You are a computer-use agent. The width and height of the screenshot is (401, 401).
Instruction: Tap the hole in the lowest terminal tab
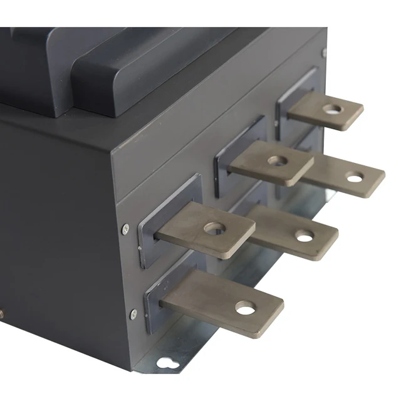tap(245, 308)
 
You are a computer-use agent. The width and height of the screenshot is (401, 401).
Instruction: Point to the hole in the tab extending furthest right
tap(355, 179)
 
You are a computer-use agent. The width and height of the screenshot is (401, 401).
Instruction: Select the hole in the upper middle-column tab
tap(276, 160)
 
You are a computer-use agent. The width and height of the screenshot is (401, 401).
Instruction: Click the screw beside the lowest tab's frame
tap(132, 314)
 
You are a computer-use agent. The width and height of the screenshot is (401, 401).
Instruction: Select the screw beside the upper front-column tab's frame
tap(125, 228)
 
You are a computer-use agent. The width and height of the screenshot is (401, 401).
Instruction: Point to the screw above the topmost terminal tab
tap(323, 53)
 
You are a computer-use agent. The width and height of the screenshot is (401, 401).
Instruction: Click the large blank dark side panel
tap(56, 219)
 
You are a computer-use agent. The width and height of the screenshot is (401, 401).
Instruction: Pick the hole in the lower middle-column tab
tap(305, 237)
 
